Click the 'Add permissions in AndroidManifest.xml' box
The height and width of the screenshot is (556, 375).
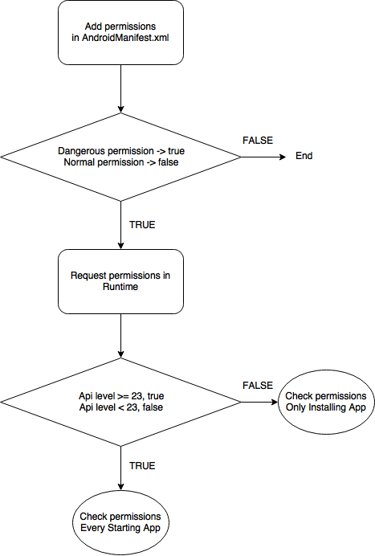coord(121,33)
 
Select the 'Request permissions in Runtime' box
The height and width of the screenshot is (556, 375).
coord(121,281)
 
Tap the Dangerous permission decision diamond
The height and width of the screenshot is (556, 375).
coord(121,157)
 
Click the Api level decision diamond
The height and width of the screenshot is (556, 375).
coord(121,402)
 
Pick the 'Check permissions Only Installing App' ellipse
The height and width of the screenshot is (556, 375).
coord(326,402)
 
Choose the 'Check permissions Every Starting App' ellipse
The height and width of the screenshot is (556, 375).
coord(121,523)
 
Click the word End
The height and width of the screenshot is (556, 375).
coord(304,156)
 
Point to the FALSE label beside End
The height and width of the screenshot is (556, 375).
coord(258,141)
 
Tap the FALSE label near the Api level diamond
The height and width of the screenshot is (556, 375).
coord(258,386)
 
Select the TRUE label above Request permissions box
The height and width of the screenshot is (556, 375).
coord(142,225)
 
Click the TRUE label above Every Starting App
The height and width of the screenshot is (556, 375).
coord(142,465)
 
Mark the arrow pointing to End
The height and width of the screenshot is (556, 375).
coord(263,157)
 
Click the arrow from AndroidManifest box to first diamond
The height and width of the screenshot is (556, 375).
coord(121,88)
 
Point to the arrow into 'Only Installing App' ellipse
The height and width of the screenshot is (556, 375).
coord(259,402)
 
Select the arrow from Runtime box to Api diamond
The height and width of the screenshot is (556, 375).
coord(121,336)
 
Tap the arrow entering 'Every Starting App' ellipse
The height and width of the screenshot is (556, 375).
coord(121,468)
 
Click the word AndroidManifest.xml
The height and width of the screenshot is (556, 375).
coord(125,38)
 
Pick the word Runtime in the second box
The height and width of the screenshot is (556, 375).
coord(120,287)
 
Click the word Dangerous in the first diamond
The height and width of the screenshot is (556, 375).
coord(82,151)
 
